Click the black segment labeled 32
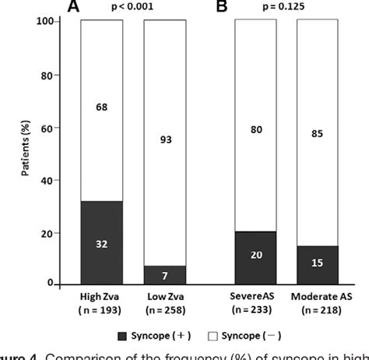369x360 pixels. [102, 243]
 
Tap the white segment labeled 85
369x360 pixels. [318, 132]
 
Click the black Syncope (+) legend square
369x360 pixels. [114, 337]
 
